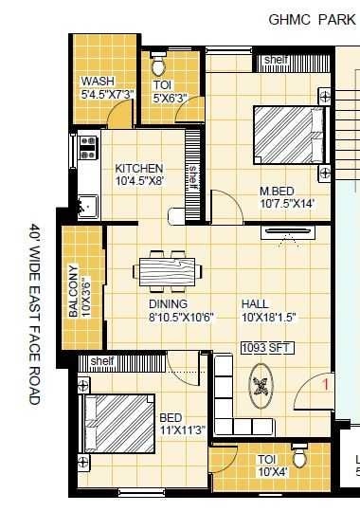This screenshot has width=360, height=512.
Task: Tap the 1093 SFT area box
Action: click(x=267, y=348)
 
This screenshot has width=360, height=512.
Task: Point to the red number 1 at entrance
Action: click(x=325, y=384)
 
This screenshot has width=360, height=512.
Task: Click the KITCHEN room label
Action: click(x=139, y=168)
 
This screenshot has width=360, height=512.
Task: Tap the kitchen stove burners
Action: click(x=89, y=147)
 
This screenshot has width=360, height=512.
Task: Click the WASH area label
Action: click(x=99, y=82)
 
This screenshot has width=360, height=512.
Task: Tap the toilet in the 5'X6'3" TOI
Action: click(x=159, y=66)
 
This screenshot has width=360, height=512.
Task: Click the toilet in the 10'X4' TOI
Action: click(x=300, y=458)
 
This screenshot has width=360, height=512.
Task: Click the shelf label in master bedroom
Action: click(x=277, y=60)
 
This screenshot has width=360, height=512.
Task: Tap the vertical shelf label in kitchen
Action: click(x=192, y=175)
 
